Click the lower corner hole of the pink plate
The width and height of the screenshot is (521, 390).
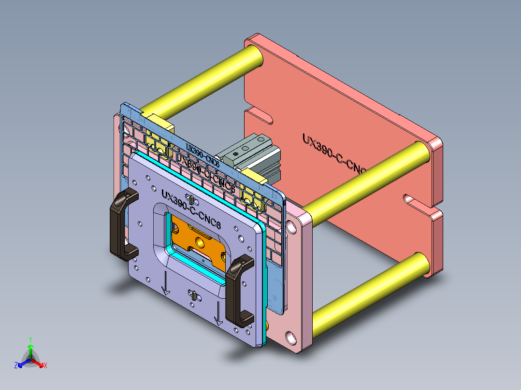(x=291, y=336)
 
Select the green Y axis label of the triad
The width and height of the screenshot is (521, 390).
(x=30, y=339)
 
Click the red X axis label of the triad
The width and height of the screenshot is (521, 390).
(x=45, y=365)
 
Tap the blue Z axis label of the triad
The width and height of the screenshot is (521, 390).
(x=16, y=365)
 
